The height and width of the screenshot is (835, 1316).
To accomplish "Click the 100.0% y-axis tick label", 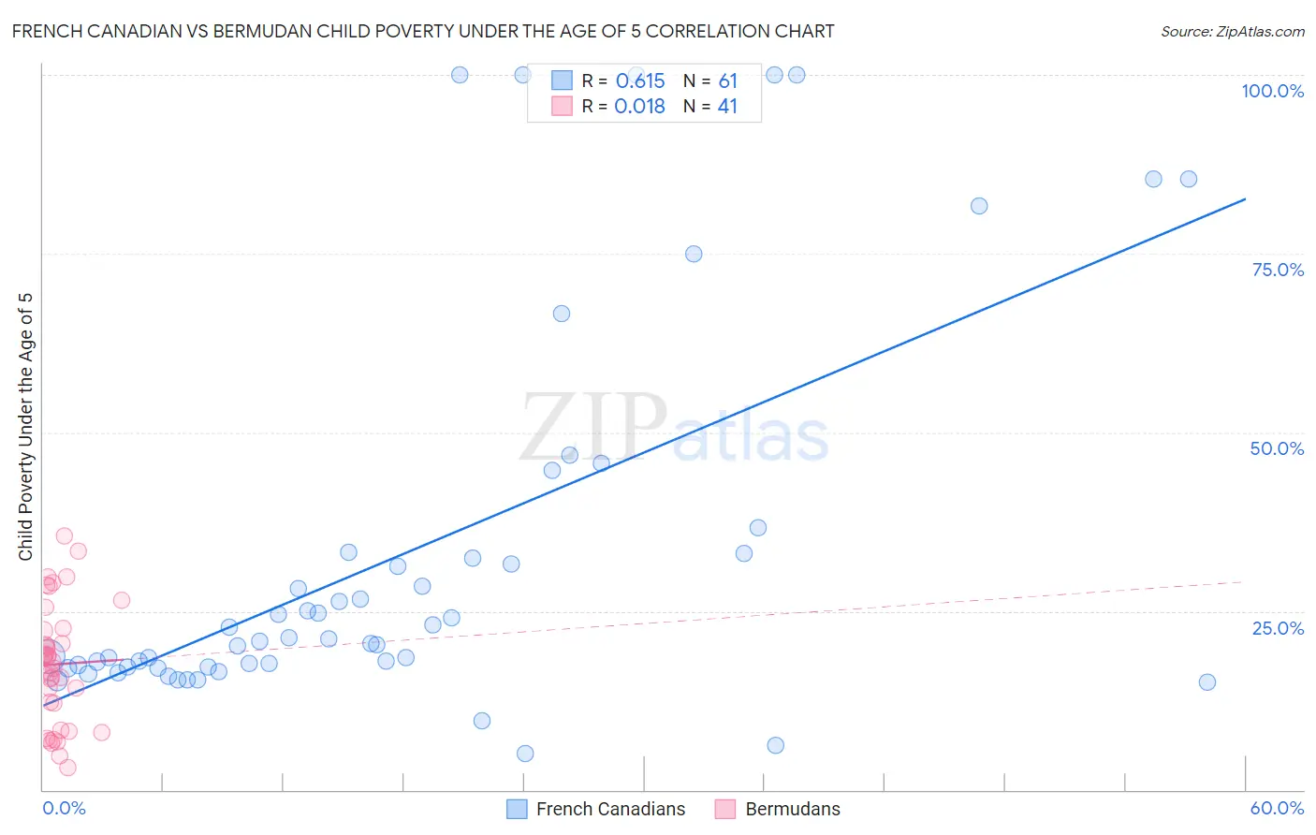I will (1272, 91).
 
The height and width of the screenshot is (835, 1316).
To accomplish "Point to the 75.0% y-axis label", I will (1278, 270).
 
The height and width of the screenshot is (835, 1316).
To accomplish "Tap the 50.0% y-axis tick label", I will (1277, 448).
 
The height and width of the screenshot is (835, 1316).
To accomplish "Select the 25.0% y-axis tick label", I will (1278, 627).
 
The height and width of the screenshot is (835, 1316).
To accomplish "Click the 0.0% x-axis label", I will (64, 808).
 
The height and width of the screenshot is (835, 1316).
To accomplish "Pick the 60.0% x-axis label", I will (1277, 808).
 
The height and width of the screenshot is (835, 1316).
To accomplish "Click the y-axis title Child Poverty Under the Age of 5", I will (25, 427).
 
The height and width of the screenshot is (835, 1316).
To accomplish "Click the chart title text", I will (423, 31).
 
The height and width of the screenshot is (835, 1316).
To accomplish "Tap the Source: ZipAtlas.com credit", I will (1232, 31).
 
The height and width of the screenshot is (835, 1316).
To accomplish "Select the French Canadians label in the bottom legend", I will (610, 809).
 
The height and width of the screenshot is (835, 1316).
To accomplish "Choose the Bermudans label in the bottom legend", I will (793, 809).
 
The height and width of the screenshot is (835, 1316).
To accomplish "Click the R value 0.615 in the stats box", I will (640, 81).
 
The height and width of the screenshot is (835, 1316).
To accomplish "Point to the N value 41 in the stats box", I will (727, 107).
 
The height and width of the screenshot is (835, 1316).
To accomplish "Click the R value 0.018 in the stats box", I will (640, 107).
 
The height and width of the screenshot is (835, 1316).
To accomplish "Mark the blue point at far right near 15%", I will (1207, 681).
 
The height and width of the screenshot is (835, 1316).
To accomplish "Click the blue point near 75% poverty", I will (694, 254).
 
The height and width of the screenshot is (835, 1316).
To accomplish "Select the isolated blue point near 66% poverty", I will (562, 314).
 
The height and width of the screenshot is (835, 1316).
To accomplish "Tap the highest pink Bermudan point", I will (64, 535).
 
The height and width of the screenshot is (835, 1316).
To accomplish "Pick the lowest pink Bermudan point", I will (67, 768).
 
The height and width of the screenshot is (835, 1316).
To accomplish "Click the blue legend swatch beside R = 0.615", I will (562, 81).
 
